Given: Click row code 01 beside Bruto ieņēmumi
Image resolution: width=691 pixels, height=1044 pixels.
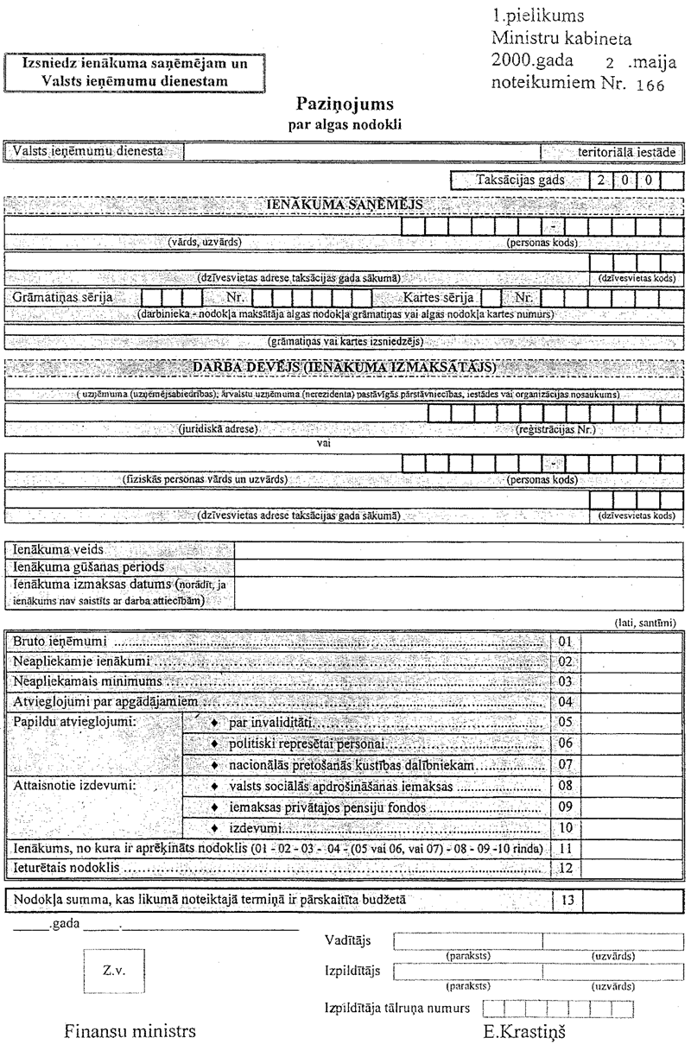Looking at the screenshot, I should coord(567,642).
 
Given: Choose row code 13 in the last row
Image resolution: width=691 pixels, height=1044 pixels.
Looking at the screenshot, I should coord(567,900).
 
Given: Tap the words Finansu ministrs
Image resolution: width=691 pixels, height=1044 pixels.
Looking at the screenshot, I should coord(130,1031).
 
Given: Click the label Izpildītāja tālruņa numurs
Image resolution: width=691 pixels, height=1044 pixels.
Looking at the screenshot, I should coord(396,1008).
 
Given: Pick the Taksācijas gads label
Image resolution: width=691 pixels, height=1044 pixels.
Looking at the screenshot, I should coord(521,181).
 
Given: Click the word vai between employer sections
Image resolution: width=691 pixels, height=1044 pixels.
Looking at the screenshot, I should coord(325,442).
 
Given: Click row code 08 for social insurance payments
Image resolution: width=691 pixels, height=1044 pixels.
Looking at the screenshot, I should coord(567,788).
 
